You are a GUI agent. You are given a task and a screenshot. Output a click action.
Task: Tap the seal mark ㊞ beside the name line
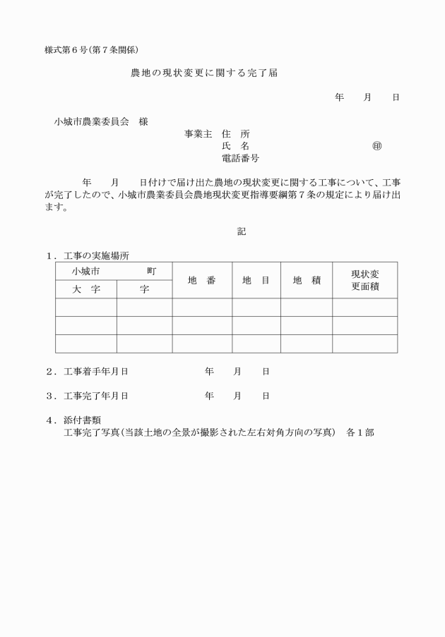coord(376,146)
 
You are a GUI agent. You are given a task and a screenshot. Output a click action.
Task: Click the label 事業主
coord(198,133)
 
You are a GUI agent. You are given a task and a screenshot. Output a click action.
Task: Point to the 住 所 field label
coord(235,133)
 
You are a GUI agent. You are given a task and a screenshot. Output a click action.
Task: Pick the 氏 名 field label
coord(235,146)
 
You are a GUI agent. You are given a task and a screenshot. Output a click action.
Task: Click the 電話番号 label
coord(240,158)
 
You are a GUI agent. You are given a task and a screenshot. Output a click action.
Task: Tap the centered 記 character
coord(242,231)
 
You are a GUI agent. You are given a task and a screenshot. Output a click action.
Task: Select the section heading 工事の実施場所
coord(96,255)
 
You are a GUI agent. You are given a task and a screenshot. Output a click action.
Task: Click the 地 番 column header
coord(201,280)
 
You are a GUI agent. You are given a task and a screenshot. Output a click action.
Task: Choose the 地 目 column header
coord(256,280)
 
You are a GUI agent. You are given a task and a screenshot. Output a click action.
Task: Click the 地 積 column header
coord(307,280)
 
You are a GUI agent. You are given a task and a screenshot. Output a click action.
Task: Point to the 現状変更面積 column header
coord(365,280)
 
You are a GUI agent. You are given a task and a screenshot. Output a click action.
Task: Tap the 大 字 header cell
coord(86,289)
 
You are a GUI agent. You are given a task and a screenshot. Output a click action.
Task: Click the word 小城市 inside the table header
coord(85,271)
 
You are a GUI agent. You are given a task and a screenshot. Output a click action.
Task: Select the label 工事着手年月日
coord(96,371)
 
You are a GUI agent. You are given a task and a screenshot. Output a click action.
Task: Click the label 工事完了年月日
coord(96,396)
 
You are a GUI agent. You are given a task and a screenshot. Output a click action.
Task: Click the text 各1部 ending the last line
coord(360,432)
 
